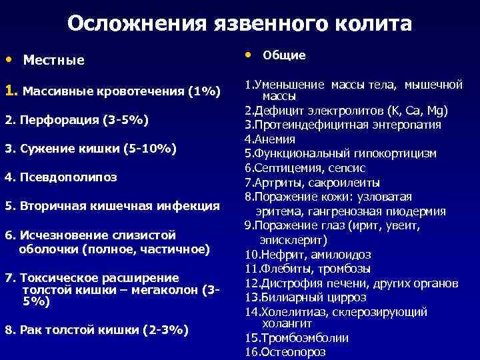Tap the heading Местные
pos(53,61)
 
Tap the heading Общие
pos(284,55)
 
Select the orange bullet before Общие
pos(249,53)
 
